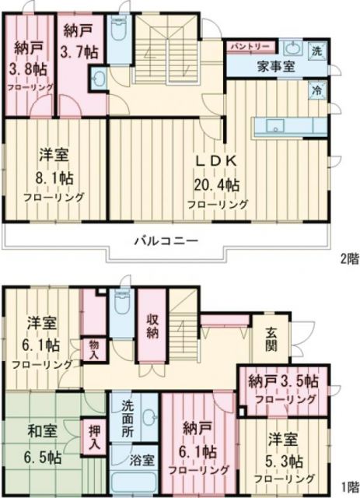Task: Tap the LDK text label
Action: [215, 160]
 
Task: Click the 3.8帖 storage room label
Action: [26, 68]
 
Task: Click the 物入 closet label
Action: [93, 349]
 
